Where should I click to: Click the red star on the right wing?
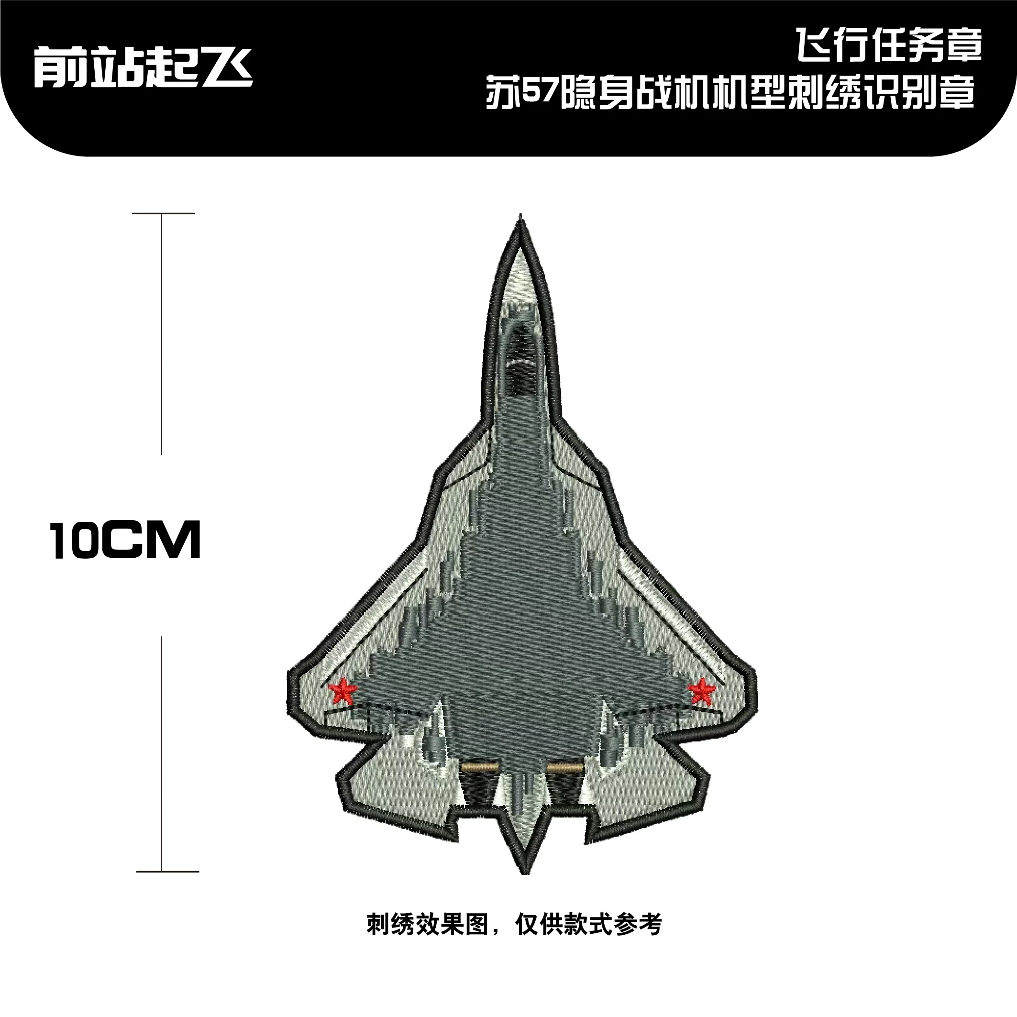(702, 691)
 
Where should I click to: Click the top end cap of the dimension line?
(163, 214)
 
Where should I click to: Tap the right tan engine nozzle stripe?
(565, 769)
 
